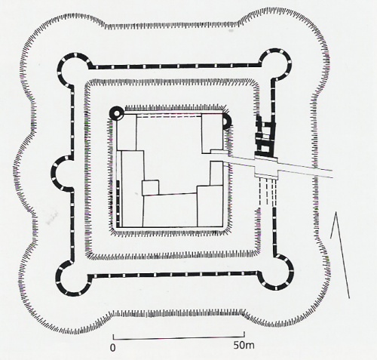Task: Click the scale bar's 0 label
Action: (x=113, y=348)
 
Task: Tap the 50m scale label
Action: (x=244, y=345)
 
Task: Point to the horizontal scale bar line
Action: (x=179, y=337)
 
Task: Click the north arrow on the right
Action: (x=340, y=255)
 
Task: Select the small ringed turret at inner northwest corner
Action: (x=117, y=114)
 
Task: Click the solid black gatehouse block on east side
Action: (x=265, y=136)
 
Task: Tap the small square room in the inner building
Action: (x=150, y=188)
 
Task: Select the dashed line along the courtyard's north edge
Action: (x=169, y=116)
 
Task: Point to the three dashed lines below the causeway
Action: (x=267, y=192)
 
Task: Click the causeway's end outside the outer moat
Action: (x=333, y=174)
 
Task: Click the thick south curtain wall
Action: (x=174, y=275)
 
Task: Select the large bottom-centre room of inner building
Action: (x=170, y=211)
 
